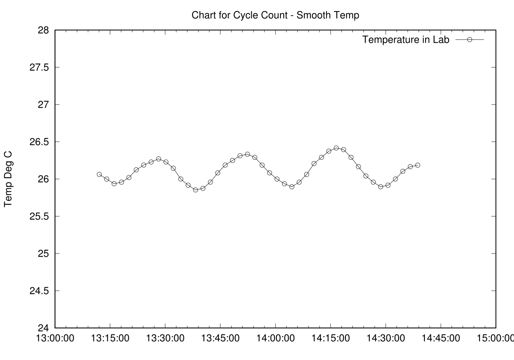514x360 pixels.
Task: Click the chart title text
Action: (276, 16)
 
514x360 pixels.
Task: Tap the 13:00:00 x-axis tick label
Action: (55, 338)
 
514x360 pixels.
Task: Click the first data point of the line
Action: (99, 174)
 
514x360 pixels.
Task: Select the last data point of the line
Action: (418, 165)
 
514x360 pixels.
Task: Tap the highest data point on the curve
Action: (336, 148)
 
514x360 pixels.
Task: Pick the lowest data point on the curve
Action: (196, 190)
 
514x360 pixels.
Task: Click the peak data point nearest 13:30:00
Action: (159, 159)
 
